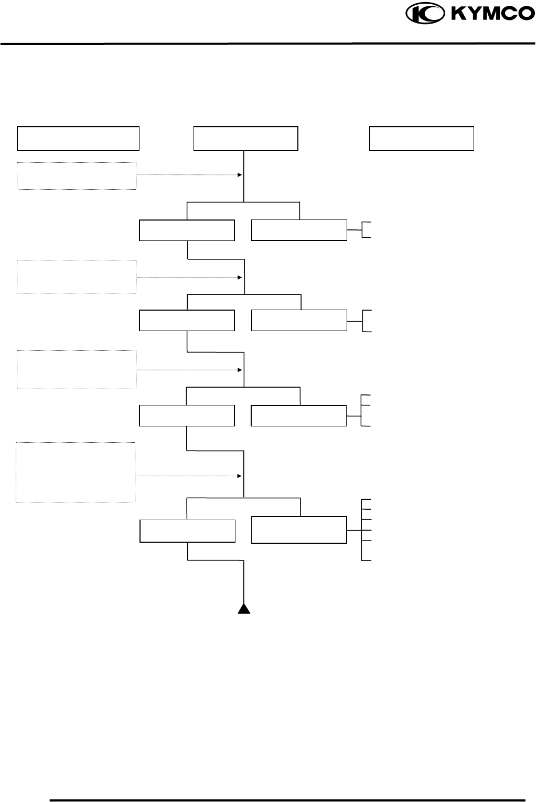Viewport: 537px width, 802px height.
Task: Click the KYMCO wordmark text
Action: pos(490,14)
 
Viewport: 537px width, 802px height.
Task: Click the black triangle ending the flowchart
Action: pos(244,608)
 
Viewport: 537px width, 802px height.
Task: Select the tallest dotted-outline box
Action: pos(76,472)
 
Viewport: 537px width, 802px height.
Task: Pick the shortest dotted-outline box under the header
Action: pos(77,175)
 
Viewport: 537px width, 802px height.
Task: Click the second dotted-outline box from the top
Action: pos(77,276)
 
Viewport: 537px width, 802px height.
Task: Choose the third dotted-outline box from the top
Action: pos(77,369)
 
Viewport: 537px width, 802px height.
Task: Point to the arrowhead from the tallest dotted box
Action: pos(239,476)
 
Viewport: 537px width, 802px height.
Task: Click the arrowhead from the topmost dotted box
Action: pos(240,175)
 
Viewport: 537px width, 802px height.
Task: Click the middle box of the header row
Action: pos(246,138)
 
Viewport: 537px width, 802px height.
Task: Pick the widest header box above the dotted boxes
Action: pos(78,138)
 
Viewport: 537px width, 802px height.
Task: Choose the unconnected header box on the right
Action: pos(422,138)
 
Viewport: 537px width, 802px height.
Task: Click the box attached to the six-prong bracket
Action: pos(299,530)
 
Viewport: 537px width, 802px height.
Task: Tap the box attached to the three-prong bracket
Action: pos(298,415)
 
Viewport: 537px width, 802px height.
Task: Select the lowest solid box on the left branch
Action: pos(187,531)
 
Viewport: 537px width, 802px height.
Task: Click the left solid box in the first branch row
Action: pos(187,230)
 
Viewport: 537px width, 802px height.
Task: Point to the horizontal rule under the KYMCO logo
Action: pos(268,44)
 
